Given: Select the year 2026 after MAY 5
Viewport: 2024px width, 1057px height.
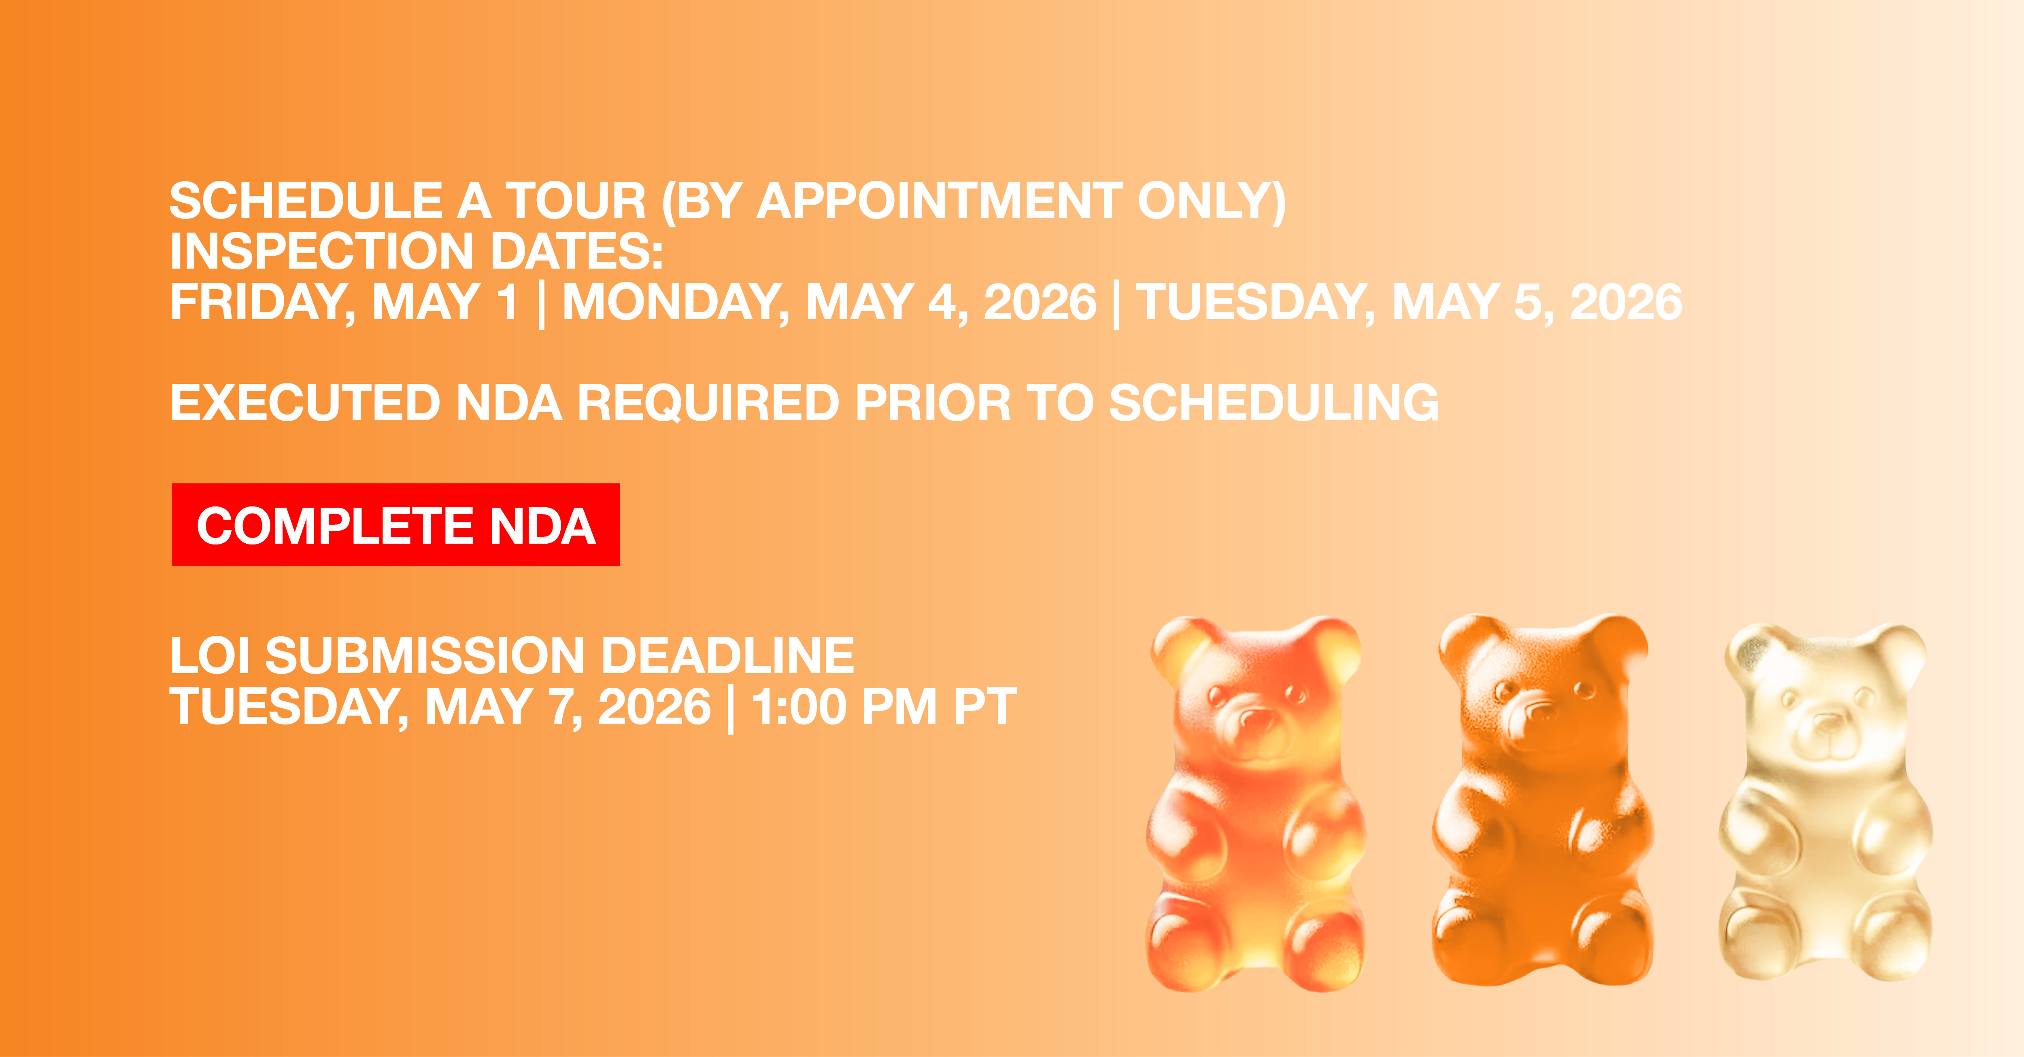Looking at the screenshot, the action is pos(1626,302).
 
